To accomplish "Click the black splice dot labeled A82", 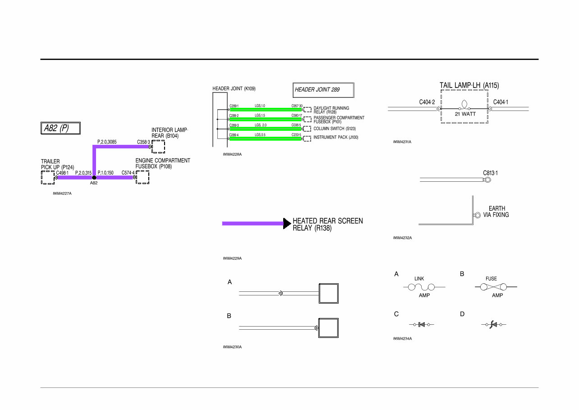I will pyautogui.click(x=94, y=178).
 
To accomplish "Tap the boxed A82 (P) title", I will pyautogui.click(x=60, y=128).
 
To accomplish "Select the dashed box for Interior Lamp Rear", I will pyautogui.click(x=158, y=147).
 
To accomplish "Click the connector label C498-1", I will pyautogui.click(x=62, y=173).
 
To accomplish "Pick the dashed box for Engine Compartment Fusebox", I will pyautogui.click(x=142, y=177).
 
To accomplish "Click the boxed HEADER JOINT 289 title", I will pyautogui.click(x=323, y=90).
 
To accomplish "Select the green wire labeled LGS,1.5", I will pyautogui.click(x=266, y=120).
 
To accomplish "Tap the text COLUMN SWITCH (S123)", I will pyautogui.click(x=335, y=129).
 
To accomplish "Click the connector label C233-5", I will pyautogui.click(x=296, y=135).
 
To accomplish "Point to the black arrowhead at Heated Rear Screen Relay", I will pyautogui.click(x=287, y=223).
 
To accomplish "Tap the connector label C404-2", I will pyautogui.click(x=427, y=102).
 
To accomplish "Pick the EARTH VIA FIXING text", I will pyautogui.click(x=496, y=212).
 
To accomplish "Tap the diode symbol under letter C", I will pyautogui.click(x=422, y=324).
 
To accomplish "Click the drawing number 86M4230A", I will pyautogui.click(x=232, y=347).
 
